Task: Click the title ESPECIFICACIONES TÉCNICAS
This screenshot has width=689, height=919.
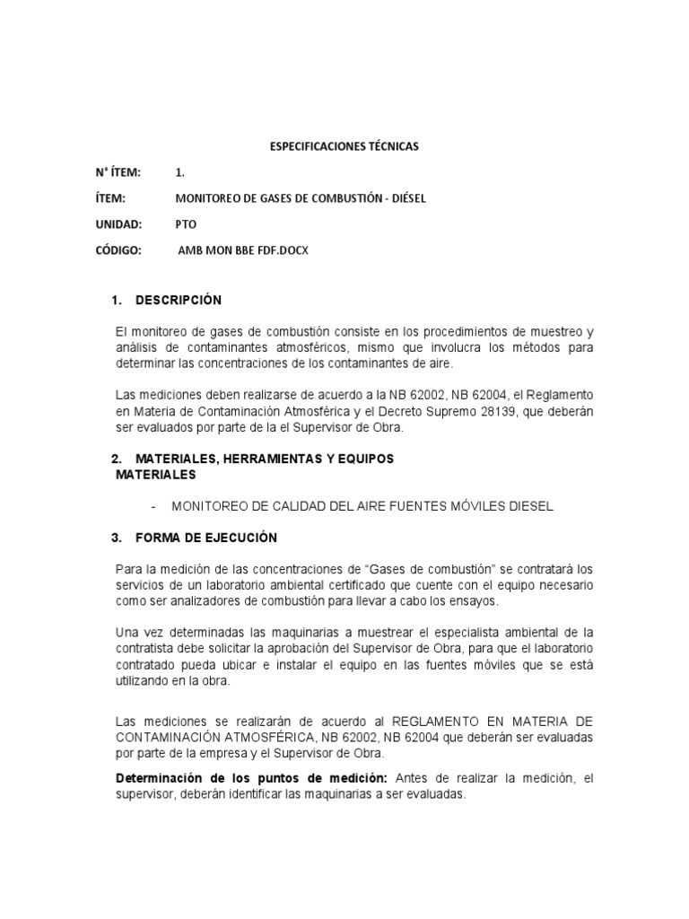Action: (x=344, y=144)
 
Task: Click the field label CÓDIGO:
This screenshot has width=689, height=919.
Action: (x=119, y=250)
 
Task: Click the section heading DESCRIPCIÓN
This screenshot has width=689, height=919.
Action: (x=179, y=300)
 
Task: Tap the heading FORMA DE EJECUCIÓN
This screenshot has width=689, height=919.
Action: (x=206, y=538)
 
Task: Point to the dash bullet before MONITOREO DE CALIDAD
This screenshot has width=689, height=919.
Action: (x=154, y=506)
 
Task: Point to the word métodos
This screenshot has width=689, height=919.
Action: (x=519, y=347)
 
